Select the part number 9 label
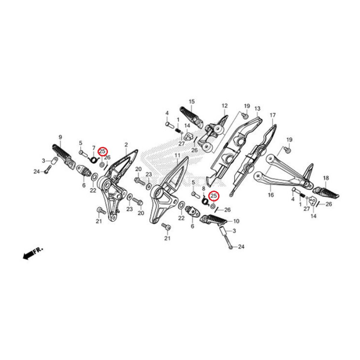click(60, 137)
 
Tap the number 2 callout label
click(126, 144)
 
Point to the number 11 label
click(178, 155)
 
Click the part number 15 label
click(192, 101)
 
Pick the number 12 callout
click(225, 105)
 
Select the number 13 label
click(257, 108)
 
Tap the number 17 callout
click(272, 115)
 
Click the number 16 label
click(271, 195)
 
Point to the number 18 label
click(326, 178)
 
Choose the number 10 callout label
click(236, 221)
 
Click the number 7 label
click(94, 147)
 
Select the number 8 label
click(204, 189)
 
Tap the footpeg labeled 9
click(63, 156)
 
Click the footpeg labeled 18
click(326, 193)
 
